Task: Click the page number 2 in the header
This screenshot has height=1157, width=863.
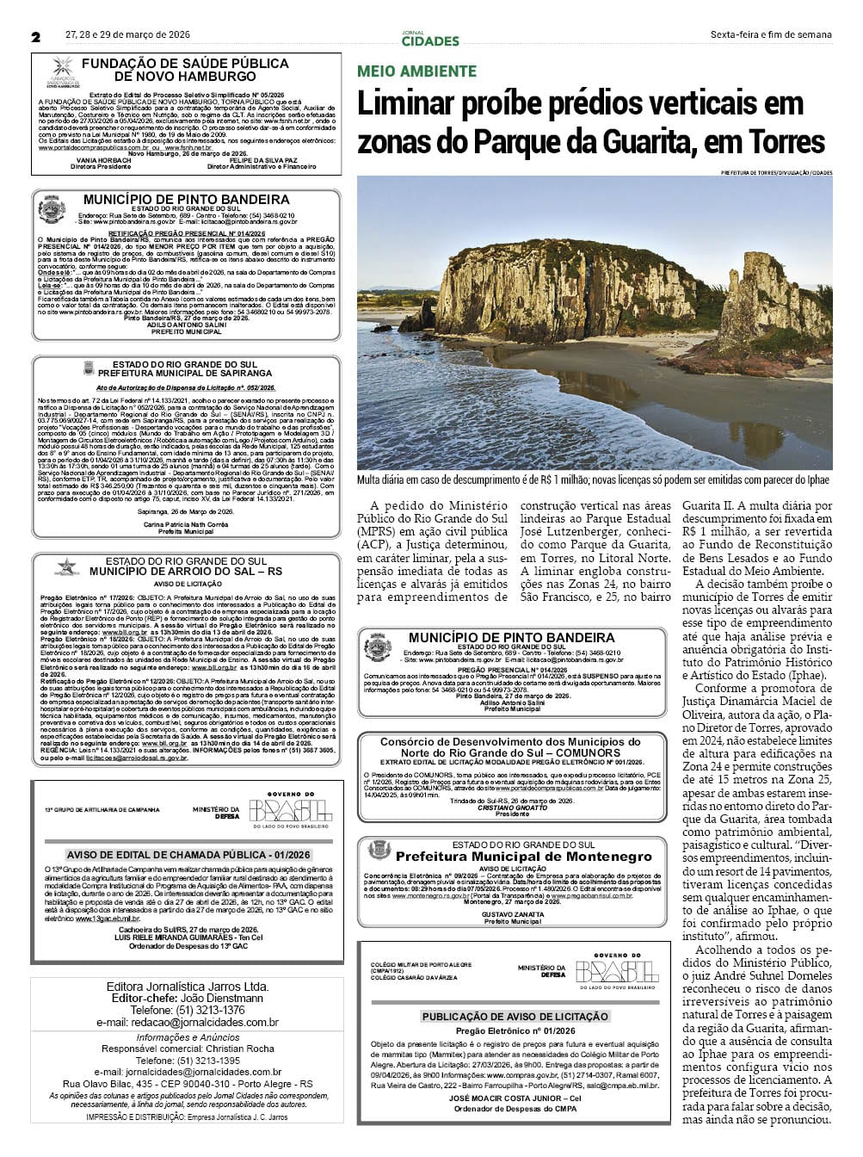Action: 36,36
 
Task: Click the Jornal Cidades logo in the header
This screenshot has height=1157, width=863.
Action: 430,38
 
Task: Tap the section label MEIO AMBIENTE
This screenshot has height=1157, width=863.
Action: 416,71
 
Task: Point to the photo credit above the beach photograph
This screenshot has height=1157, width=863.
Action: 777,173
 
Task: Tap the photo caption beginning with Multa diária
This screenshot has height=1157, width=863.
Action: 594,479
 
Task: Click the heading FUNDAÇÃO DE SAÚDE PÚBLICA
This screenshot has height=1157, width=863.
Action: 185,64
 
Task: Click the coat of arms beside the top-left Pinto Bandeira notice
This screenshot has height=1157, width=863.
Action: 52,210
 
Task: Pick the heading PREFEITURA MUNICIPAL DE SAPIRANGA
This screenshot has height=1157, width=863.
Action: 185,374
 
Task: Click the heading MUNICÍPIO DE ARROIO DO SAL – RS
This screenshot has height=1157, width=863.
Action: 186,571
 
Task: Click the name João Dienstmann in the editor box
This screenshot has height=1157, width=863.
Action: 223,998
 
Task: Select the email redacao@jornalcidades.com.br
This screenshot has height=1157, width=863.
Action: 188,1022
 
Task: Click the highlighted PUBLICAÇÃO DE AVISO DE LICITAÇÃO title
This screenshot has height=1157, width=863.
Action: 515,1016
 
